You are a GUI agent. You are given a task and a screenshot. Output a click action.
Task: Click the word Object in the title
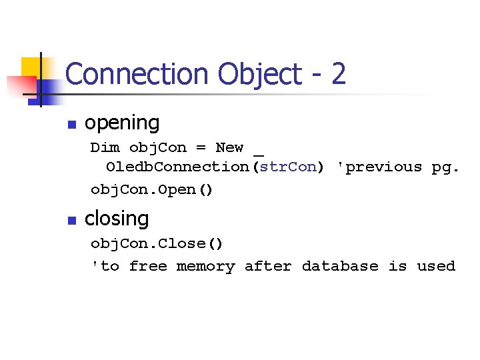(x=243, y=74)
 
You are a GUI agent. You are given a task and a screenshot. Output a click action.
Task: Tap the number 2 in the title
(x=338, y=74)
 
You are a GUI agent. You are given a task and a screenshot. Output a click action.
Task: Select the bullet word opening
(x=122, y=123)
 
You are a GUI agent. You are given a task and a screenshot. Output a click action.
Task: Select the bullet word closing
(x=117, y=219)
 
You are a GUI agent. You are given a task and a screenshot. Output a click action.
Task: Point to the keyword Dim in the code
(x=105, y=147)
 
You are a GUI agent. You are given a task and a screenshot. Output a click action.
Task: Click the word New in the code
(x=229, y=147)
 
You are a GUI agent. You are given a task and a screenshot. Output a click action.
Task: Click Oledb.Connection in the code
(x=177, y=167)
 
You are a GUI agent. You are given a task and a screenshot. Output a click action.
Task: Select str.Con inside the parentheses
(x=288, y=167)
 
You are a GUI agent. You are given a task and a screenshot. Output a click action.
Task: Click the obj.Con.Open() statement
(x=152, y=190)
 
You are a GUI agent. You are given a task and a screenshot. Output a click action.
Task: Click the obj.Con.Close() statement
(x=157, y=243)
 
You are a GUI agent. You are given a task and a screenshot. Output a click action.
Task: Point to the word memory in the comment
(x=205, y=267)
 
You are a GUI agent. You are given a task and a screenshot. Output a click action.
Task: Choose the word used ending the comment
(x=436, y=267)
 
